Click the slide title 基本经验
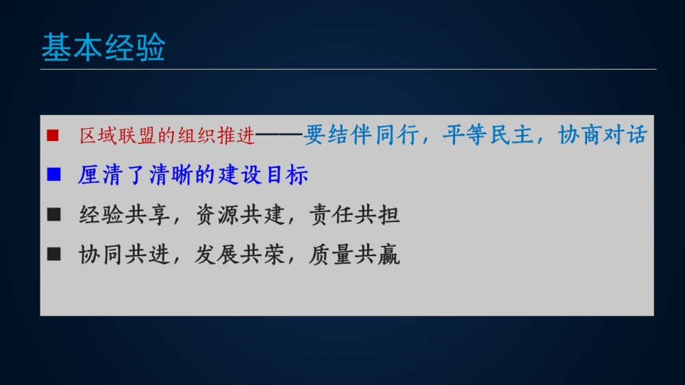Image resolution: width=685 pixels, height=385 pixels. pyautogui.click(x=103, y=47)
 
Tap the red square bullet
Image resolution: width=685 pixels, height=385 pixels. pyautogui.click(x=53, y=136)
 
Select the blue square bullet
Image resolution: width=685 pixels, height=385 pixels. pyautogui.click(x=53, y=175)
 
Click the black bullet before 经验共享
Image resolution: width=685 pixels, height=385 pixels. pyautogui.click(x=53, y=214)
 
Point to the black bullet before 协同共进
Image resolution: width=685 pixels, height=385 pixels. pyautogui.click(x=53, y=254)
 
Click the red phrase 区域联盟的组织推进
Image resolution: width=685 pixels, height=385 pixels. pyautogui.click(x=167, y=136)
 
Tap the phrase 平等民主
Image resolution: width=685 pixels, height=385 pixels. pyautogui.click(x=487, y=134)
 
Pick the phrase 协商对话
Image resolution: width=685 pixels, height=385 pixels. pyautogui.click(x=603, y=134)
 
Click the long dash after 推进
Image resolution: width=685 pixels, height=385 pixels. pyautogui.click(x=279, y=135)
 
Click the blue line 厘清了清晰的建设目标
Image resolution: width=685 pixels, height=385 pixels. pyautogui.click(x=193, y=175)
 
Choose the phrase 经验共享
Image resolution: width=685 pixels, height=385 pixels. pyautogui.click(x=124, y=215)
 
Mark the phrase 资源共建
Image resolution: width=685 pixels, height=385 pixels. pyautogui.click(x=240, y=215)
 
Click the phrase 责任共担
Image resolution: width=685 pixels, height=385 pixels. pyautogui.click(x=354, y=215)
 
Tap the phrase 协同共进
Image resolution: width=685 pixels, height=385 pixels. pyautogui.click(x=124, y=255)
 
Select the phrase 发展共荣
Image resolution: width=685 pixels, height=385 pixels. pyautogui.click(x=240, y=255)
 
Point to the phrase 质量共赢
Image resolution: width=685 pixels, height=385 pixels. pyautogui.click(x=354, y=255)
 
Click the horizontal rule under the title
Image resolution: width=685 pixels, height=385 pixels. pyautogui.click(x=348, y=69)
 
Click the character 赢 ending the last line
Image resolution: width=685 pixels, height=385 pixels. pyautogui.click(x=389, y=255)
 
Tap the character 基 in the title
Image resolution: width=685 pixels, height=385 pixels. pyautogui.click(x=57, y=47)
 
